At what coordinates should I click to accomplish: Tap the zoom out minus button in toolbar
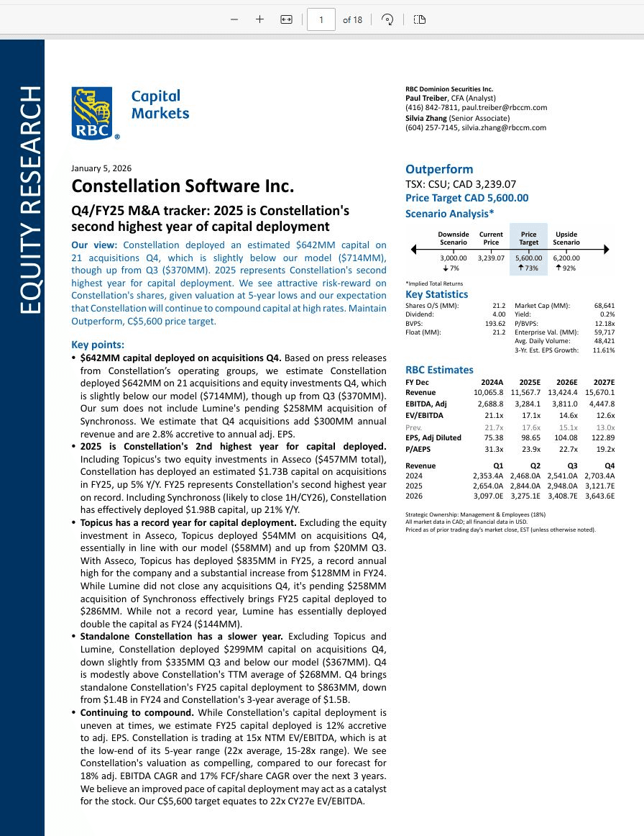234,19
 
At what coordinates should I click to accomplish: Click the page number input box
321,19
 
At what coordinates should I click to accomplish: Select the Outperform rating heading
439,170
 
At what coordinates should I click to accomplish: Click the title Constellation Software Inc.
183,186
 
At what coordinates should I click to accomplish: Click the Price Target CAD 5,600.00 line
466,198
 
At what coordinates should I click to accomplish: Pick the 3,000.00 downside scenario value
454,258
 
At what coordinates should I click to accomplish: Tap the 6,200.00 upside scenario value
566,258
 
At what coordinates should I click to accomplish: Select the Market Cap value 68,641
604,306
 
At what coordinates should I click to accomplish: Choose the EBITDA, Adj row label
426,404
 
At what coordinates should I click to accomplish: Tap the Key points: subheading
98,345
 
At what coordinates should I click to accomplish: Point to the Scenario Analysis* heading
449,214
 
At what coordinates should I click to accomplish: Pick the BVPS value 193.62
494,323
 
